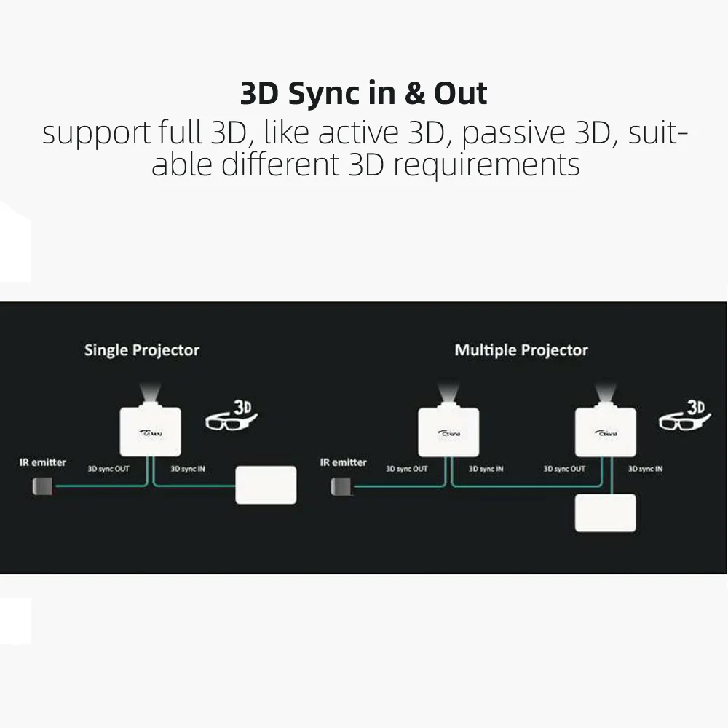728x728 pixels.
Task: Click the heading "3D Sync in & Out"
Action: (364, 94)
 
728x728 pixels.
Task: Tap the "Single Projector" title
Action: (141, 350)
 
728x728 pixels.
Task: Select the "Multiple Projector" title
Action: (521, 350)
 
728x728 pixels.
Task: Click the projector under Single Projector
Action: (150, 432)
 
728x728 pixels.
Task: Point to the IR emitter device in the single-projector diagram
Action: (41, 486)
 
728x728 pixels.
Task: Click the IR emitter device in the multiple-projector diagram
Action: (341, 486)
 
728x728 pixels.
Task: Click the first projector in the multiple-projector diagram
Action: (448, 432)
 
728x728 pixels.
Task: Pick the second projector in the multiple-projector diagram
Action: (606, 432)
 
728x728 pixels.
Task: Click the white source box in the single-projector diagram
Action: (266, 485)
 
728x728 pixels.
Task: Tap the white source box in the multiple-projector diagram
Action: (606, 513)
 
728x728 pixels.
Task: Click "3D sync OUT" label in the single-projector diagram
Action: (108, 469)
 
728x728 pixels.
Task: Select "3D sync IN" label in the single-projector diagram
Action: (188, 469)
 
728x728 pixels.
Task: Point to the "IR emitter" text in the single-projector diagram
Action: (43, 462)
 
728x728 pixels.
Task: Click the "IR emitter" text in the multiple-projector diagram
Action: (344, 462)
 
